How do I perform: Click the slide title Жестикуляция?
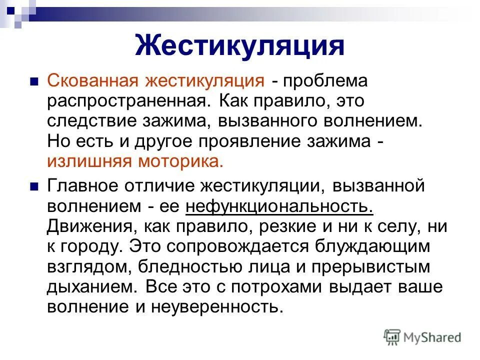tap(239, 45)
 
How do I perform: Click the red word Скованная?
tap(93, 80)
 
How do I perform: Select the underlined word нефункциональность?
tap(279, 206)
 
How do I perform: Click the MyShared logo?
tap(422, 337)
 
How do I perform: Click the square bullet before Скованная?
tap(33, 80)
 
